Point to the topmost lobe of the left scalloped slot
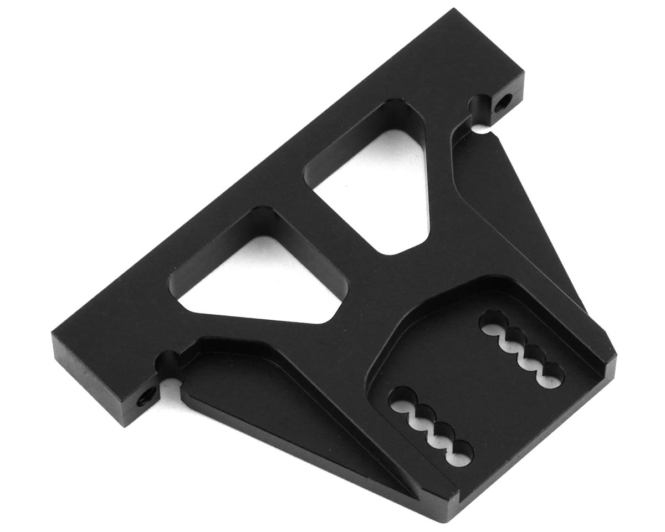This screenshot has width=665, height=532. tap(400, 400)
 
